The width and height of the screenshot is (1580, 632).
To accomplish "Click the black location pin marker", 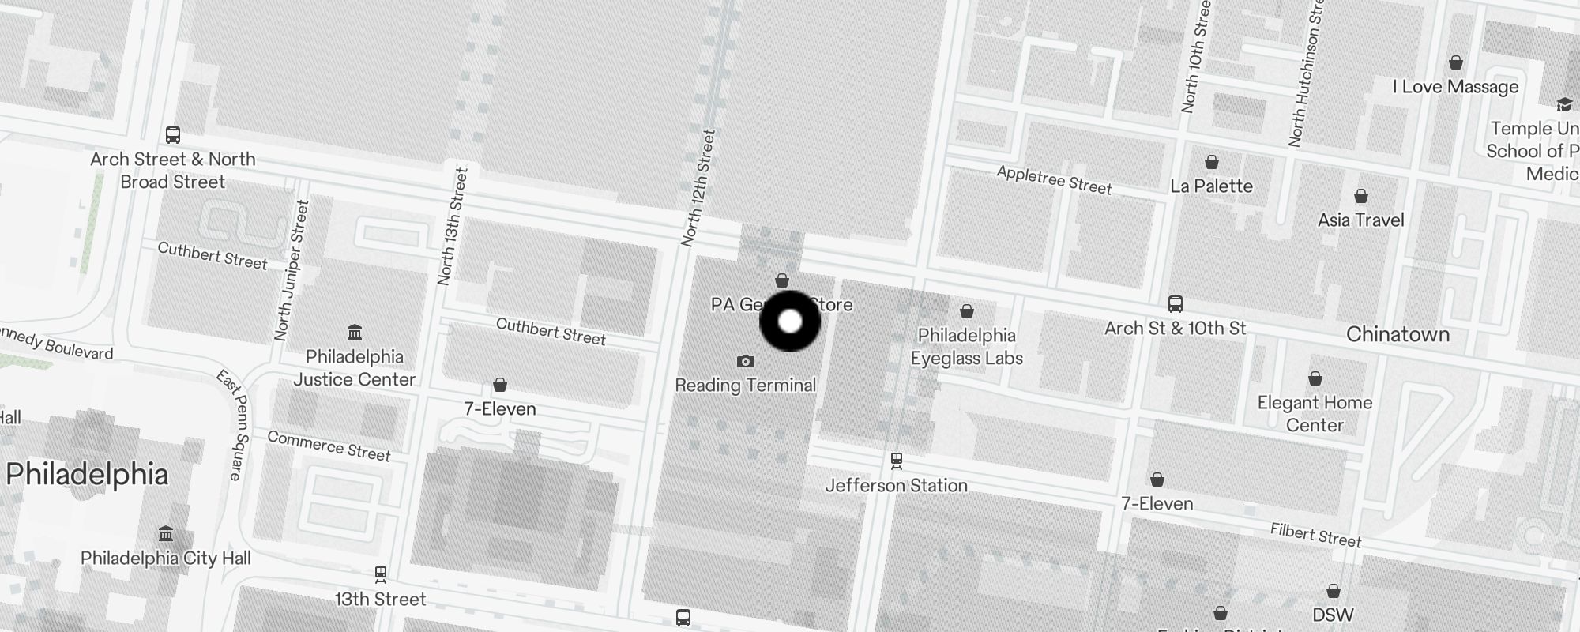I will pos(790,322).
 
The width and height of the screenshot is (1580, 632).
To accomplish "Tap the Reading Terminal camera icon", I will pos(745,361).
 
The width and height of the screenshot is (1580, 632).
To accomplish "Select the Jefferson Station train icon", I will pos(896,460).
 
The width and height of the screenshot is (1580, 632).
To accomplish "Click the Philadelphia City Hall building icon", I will pos(166,534).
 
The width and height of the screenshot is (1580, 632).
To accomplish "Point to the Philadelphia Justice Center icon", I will pos(355,332).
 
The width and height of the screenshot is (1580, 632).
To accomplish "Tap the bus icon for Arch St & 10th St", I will pos(1175,304).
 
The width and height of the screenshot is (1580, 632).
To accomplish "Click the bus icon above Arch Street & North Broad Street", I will pos(173,135).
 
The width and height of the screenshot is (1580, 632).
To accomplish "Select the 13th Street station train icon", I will pos(380,574).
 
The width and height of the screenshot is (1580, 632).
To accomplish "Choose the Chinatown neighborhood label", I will pos(1398,334).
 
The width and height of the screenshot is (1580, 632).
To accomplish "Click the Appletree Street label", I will pos(1054,180).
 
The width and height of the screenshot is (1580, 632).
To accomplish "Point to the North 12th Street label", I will pos(698,188).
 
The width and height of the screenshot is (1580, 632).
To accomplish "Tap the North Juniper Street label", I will pos(291,270).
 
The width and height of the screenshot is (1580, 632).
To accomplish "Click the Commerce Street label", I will pos(329,446).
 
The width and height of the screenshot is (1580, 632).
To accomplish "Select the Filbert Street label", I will pos(1315,536).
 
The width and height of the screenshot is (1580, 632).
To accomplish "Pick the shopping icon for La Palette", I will pos(1211,163).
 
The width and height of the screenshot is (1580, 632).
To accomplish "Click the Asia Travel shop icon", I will pos(1360,196).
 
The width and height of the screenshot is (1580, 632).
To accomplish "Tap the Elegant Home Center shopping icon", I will pos(1315,378).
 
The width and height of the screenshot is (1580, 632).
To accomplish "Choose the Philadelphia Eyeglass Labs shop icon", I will pos(966,312).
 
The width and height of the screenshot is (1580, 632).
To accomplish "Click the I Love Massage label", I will pos(1455,87).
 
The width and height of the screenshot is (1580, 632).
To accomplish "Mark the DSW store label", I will pos(1333,615).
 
